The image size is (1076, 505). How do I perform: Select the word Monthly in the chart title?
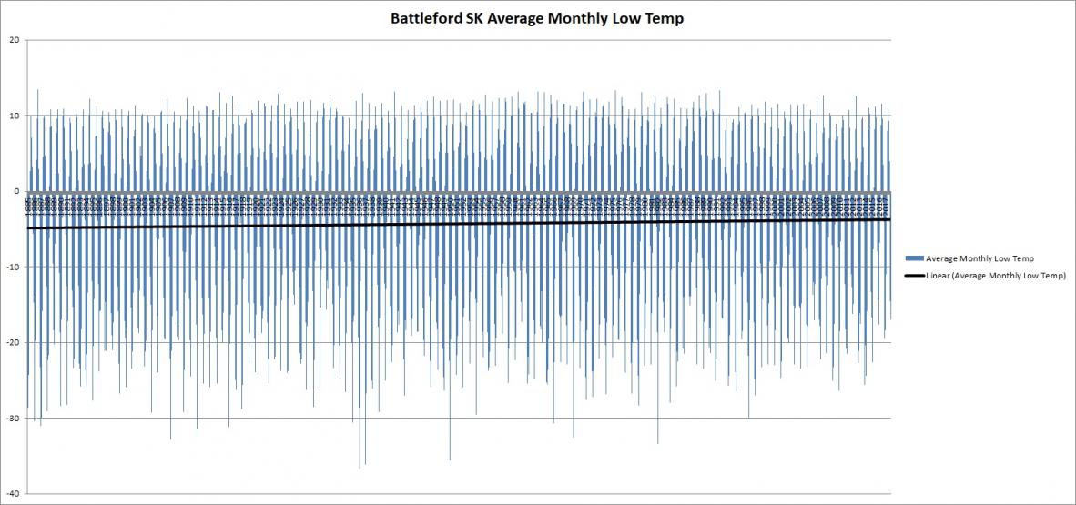[574, 18]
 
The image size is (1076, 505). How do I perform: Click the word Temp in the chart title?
[665, 18]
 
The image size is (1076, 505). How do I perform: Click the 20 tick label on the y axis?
[15, 39]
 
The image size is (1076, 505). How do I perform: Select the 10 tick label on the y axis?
[15, 116]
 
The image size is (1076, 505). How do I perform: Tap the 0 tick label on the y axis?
[18, 191]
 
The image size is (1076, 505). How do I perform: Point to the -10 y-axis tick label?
[14, 267]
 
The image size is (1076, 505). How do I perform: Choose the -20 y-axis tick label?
[14, 342]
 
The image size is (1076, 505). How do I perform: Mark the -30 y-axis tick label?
[14, 418]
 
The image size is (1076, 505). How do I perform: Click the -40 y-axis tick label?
[14, 493]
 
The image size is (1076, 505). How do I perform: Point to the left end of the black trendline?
[29, 228]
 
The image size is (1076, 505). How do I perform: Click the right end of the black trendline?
[889, 218]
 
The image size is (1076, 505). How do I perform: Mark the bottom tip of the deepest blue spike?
[360, 468]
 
